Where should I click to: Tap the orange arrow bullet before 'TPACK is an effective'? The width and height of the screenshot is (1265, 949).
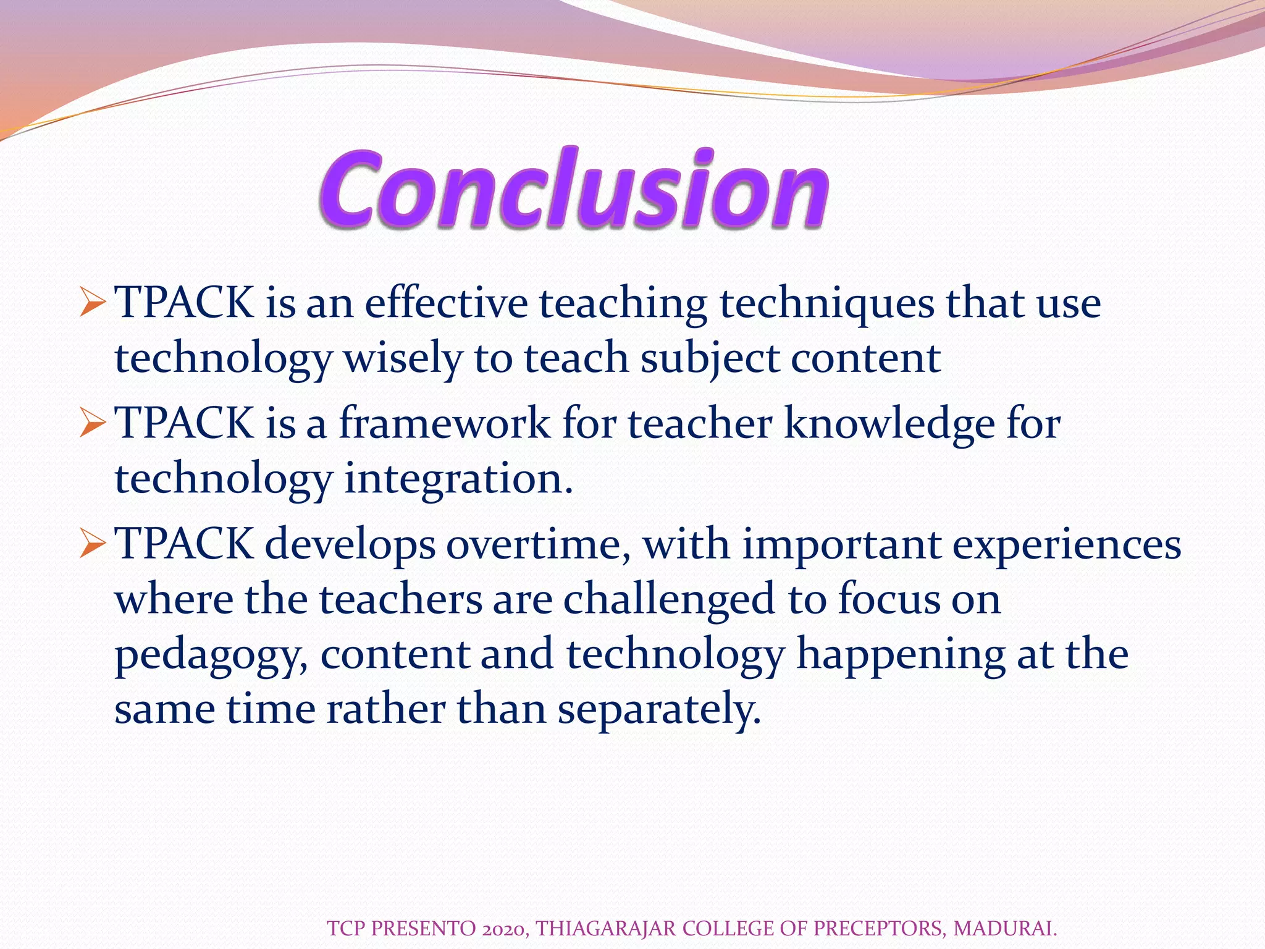point(93,304)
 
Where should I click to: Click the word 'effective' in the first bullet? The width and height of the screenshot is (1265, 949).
point(446,304)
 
